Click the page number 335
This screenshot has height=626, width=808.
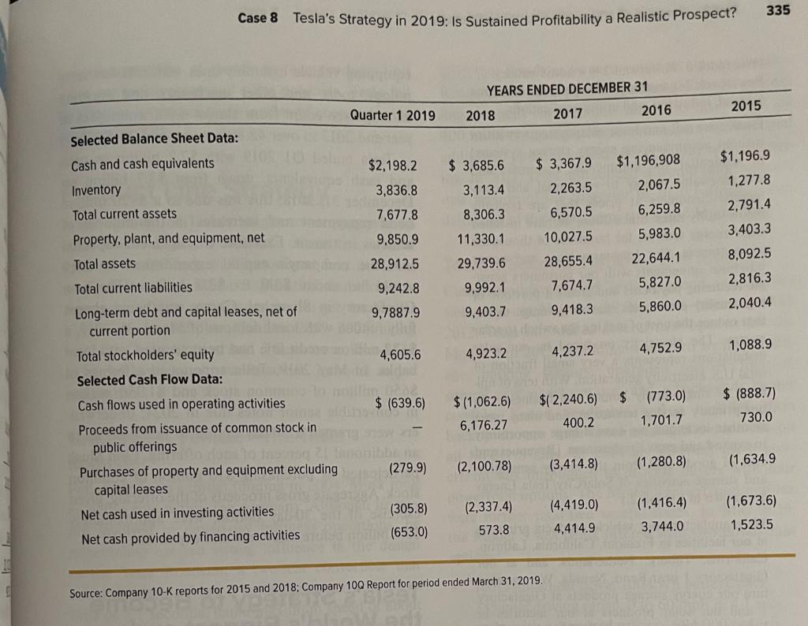pos(780,10)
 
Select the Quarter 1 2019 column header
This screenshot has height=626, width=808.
pos(393,115)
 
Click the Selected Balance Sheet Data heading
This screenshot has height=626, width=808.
pos(155,139)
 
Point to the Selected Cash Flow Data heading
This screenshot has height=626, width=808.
pos(150,380)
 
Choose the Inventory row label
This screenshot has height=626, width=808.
pos(96,190)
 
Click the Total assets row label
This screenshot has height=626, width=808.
pos(103,263)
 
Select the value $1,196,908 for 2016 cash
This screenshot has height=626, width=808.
pos(647,162)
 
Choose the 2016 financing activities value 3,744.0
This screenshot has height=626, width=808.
pos(662,526)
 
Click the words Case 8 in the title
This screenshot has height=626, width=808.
pos(258,17)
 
